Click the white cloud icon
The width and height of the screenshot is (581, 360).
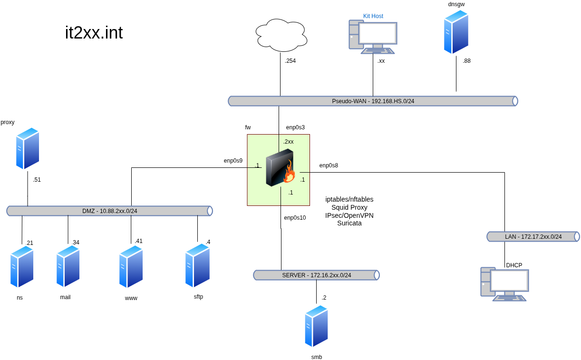(x=281, y=35)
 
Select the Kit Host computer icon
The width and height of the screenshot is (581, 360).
(x=373, y=37)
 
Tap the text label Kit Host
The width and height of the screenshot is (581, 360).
(x=373, y=16)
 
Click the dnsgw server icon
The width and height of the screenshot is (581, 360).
(x=456, y=32)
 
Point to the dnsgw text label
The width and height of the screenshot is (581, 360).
(x=456, y=4)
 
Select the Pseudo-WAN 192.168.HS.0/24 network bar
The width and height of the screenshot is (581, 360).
(x=373, y=101)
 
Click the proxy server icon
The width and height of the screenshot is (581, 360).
(x=28, y=148)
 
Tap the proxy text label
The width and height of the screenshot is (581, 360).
(x=8, y=122)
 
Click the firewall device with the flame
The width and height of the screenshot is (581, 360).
(x=280, y=168)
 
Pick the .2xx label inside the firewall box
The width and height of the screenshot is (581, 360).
(x=288, y=142)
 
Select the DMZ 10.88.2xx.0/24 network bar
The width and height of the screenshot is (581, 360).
(x=109, y=211)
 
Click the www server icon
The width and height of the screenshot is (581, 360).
(x=131, y=267)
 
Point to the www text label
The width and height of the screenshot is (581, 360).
(x=131, y=298)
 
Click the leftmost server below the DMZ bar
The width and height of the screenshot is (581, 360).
(x=22, y=267)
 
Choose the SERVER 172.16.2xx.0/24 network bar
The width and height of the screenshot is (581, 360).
(x=316, y=275)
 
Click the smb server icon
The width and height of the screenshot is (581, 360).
(x=317, y=326)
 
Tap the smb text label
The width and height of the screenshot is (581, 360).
(x=317, y=357)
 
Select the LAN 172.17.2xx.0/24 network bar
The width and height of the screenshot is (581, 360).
(x=533, y=237)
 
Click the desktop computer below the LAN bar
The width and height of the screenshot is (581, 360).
(x=504, y=284)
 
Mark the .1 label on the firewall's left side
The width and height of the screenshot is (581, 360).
(x=257, y=165)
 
